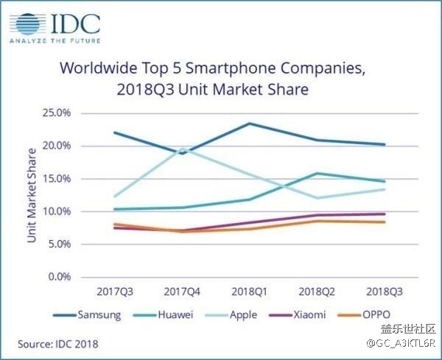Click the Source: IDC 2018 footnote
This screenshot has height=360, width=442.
[x=58, y=343]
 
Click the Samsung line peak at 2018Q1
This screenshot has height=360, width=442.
[x=249, y=124]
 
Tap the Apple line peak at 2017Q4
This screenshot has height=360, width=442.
[x=182, y=149]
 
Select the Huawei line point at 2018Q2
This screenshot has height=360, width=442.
[x=317, y=174]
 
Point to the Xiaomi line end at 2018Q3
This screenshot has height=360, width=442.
[x=384, y=214]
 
